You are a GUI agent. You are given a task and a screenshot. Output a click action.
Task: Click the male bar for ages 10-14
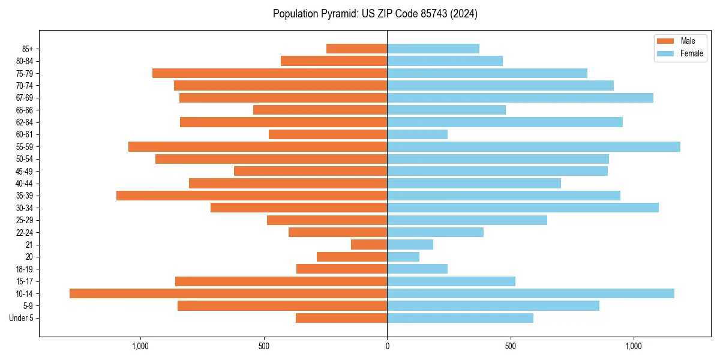tap(228, 293)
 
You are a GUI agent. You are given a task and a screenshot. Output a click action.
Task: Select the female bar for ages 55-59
tap(533, 147)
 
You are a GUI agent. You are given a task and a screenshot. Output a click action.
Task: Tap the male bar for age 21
tap(369, 245)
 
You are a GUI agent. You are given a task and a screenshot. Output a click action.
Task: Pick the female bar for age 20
tap(403, 257)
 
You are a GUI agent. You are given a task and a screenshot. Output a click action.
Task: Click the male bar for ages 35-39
tap(251, 196)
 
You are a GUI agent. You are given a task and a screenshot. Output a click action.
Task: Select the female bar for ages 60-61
tap(417, 134)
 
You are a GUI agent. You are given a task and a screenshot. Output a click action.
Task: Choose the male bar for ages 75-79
tap(269, 73)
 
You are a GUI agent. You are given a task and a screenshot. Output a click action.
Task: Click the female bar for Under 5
tap(460, 318)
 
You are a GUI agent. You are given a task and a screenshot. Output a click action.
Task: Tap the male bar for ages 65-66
tap(320, 110)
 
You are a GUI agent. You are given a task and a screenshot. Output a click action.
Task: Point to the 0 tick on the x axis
tap(387, 346)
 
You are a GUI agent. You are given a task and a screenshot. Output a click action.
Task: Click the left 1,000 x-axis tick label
tap(140, 346)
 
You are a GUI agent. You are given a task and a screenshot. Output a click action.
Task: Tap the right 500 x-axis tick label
tap(510, 346)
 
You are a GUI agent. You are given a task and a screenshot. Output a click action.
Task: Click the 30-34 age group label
tap(25, 208)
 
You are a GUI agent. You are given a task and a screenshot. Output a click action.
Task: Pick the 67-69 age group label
tap(25, 98)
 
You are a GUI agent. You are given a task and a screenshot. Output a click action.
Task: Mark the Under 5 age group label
tap(22, 318)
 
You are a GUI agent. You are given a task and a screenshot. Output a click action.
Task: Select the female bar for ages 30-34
tap(523, 208)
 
